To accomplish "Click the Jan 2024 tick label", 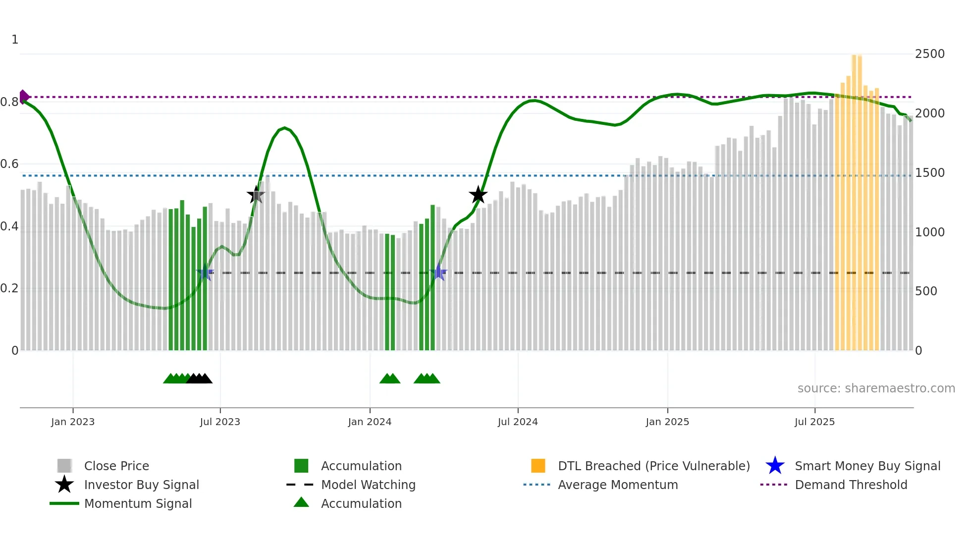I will (370, 422).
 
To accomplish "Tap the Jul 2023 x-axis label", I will (220, 422).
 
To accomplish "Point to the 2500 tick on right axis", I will (929, 54).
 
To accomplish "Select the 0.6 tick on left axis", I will (9, 164).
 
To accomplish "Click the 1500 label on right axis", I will (929, 173).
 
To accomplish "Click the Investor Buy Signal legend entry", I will (141, 485).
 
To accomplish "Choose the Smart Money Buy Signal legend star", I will (775, 466).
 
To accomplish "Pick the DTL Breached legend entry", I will (653, 466).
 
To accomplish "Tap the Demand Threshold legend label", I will (851, 485).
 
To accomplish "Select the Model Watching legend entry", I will (368, 485).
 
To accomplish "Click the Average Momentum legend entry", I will (617, 485).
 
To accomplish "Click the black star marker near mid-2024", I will (478, 195).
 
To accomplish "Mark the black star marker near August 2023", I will (256, 195).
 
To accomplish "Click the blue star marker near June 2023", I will (205, 273).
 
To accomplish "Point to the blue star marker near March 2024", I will (438, 273).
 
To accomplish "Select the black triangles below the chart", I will (199, 379).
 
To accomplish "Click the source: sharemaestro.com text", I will (876, 388).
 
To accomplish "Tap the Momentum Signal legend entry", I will (138, 503).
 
